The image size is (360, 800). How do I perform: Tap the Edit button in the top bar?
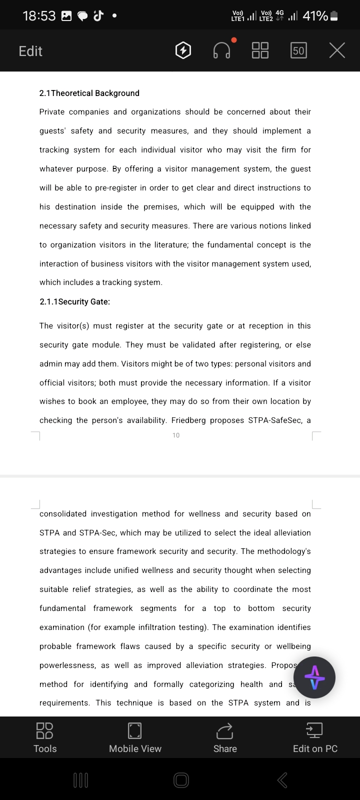coord(30,51)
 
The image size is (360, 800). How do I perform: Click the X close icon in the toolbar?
coord(337,50)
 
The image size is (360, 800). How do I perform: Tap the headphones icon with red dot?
coord(222,50)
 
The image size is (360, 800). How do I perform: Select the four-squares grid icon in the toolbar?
coord(260,50)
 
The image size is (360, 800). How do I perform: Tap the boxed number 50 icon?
coord(298,50)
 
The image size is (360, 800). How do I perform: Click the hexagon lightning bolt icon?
coord(183,50)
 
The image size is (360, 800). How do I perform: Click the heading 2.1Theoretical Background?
coord(89,93)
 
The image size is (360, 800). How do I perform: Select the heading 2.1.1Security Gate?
coord(75,301)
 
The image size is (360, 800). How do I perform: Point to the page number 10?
coord(176,435)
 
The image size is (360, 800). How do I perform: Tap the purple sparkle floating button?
coord(314,678)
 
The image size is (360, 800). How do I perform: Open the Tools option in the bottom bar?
coord(45,737)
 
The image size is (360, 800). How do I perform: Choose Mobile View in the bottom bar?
coord(135,737)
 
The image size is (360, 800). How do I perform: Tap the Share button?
coord(225,737)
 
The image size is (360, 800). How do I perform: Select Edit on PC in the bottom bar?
coord(315,737)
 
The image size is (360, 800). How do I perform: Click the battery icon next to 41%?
coord(334,16)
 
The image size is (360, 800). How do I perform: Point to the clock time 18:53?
coord(39,16)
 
